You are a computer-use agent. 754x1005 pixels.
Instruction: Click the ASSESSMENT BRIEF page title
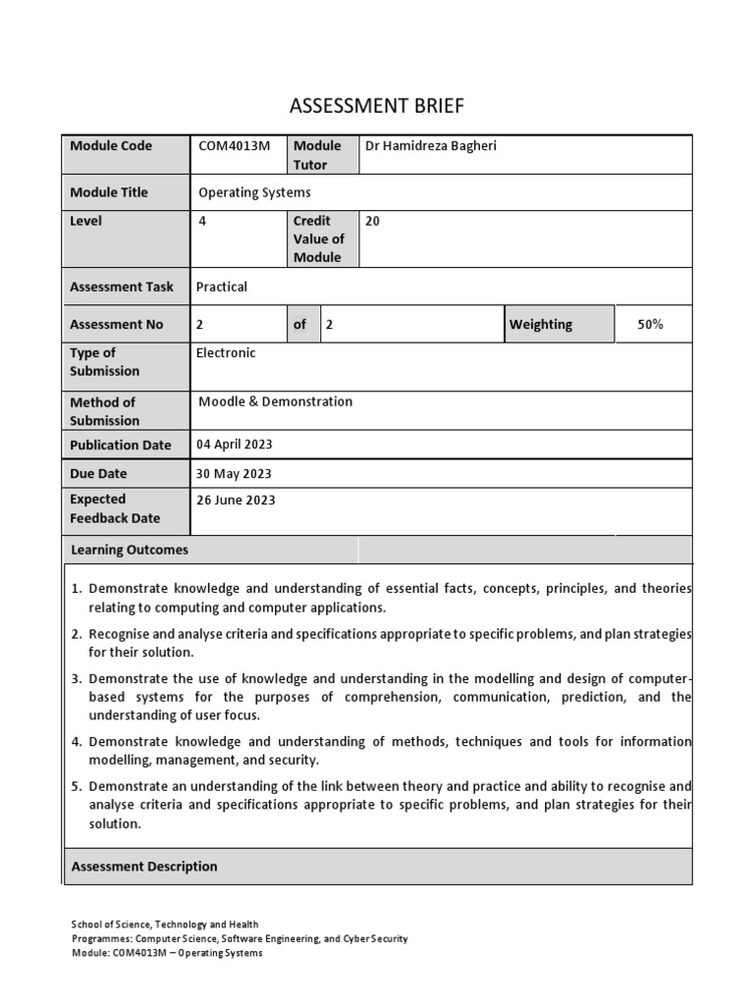click(376, 106)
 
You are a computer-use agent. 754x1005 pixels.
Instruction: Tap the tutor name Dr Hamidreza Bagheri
click(432, 146)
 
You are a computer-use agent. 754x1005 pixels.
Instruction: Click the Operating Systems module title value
click(254, 192)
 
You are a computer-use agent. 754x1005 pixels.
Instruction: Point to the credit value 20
click(372, 221)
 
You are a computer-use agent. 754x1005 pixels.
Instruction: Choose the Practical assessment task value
click(222, 287)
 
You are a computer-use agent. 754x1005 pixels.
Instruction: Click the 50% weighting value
click(650, 324)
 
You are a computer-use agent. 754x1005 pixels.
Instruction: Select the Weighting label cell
click(541, 324)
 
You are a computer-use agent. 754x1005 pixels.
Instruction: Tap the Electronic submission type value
click(226, 352)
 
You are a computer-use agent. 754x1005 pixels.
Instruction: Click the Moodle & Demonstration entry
click(275, 401)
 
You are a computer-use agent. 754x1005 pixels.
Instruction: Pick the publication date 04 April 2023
click(235, 445)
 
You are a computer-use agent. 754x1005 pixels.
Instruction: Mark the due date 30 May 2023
click(234, 473)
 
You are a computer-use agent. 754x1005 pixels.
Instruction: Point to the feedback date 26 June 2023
click(236, 500)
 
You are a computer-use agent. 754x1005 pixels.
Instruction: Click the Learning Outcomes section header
click(130, 550)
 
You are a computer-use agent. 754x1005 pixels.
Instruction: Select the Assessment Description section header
click(144, 867)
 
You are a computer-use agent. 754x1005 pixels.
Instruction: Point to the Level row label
click(85, 221)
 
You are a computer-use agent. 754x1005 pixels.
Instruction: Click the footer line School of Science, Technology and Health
click(165, 925)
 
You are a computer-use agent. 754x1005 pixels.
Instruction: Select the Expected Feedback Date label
click(115, 508)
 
